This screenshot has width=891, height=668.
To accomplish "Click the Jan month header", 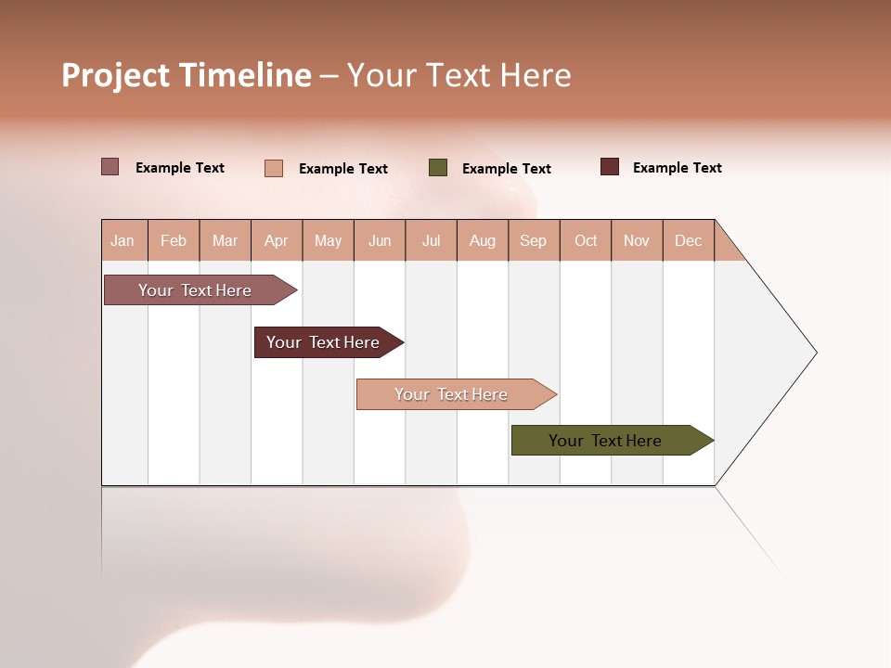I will point(123,240).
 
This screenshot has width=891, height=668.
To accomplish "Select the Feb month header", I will point(174,240).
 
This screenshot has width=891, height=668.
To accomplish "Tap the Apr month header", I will point(277,240).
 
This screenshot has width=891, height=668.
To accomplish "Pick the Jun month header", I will point(380,240).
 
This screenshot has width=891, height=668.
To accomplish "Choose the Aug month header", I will point(483,240).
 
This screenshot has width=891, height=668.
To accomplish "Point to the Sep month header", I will point(534,240).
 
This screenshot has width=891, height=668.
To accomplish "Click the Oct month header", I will point(586,240).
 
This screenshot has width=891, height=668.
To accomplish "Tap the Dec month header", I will point(689,240).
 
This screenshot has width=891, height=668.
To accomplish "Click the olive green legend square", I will point(438,168).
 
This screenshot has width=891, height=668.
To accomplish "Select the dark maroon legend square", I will point(610,167).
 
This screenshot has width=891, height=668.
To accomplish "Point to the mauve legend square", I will point(110,167).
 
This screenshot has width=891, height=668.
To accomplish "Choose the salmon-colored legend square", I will point(274,168).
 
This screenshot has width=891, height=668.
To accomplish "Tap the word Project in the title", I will point(116,75).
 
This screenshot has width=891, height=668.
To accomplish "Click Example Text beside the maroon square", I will point(677,168).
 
